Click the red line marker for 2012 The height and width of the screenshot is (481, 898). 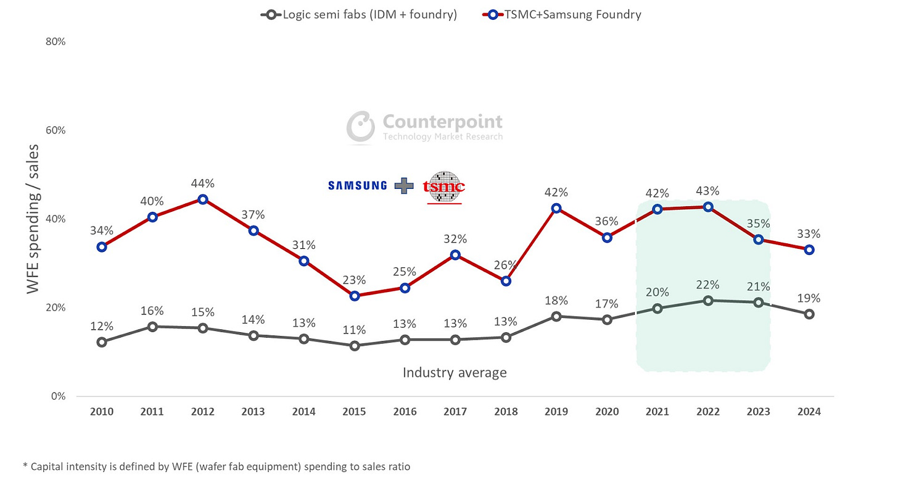pos(202,199)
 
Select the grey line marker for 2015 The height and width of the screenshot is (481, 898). pos(354,346)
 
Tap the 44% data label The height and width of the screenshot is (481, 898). pos(202,183)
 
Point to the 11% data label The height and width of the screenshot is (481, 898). pos(354,330)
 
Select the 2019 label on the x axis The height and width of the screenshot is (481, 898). pos(556,412)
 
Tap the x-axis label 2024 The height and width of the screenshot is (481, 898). pos(809,412)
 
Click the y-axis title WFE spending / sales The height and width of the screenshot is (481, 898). pos(33,219)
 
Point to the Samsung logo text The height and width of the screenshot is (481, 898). pos(357,185)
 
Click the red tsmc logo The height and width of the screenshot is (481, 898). pos(444,187)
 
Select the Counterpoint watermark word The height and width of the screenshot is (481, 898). pos(442,122)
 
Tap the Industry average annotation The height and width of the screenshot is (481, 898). pos(455,372)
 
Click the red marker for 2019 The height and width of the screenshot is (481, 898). pos(556,209)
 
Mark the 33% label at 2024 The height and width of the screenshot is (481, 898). pos(809,234)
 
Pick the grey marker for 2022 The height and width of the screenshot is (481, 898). pos(708,301)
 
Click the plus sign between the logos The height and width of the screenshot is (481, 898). pos(405,185)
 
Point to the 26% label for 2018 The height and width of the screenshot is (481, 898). pos(506,265)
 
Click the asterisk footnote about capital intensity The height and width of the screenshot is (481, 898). pos(216,467)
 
